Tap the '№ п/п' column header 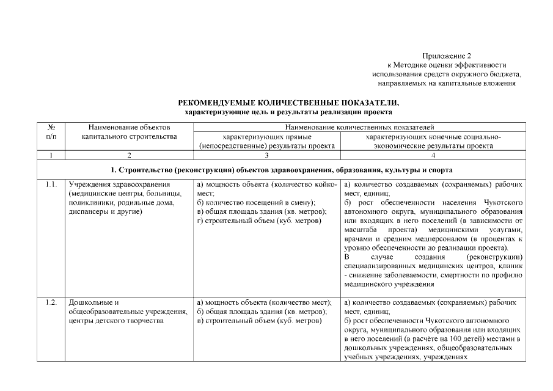(x=51, y=132)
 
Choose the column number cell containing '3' (x=266, y=155)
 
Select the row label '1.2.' (x=51, y=303)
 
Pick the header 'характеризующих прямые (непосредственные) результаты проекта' (x=267, y=142)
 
